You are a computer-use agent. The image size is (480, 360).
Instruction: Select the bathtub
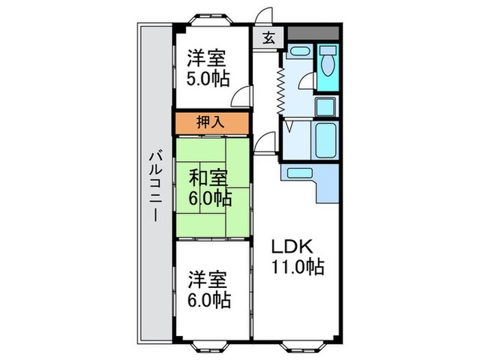tap(326, 141)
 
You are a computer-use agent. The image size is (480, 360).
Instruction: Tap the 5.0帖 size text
tap(209, 77)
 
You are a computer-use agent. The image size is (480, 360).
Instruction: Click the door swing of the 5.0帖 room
tap(240, 98)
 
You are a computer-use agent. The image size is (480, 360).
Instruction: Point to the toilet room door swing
tap(306, 83)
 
